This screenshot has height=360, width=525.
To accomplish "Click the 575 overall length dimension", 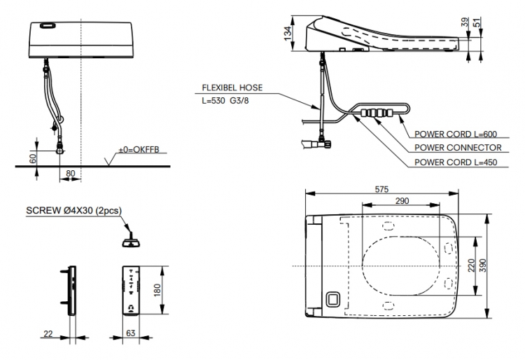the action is pyautogui.click(x=381, y=189).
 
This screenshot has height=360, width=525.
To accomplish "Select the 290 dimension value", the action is pyautogui.click(x=402, y=200).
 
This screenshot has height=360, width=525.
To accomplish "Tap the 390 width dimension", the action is pyautogui.click(x=482, y=265).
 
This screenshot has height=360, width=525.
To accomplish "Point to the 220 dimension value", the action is pyautogui.click(x=471, y=265).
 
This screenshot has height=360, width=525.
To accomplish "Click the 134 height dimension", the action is pyautogui.click(x=288, y=34).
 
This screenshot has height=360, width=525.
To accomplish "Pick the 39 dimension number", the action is pyautogui.click(x=465, y=22).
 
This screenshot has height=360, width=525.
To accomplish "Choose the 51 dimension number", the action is pyautogui.click(x=477, y=22).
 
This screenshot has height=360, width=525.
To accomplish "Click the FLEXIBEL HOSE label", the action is pyautogui.click(x=232, y=88).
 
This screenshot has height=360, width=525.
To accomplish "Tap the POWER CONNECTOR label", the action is pyautogui.click(x=458, y=147).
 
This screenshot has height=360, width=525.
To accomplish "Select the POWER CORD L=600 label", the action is pyautogui.click(x=456, y=134).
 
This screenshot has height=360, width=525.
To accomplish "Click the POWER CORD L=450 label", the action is pyautogui.click(x=456, y=162).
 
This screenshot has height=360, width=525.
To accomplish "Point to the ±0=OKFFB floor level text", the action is pyautogui.click(x=139, y=149).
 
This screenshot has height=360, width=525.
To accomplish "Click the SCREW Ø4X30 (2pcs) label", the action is pyautogui.click(x=74, y=210).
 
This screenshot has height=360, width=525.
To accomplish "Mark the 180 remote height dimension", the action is pyautogui.click(x=157, y=290).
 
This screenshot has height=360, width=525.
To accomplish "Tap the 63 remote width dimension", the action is pyautogui.click(x=131, y=333).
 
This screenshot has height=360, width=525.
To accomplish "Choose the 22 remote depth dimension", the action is pyautogui.click(x=48, y=333).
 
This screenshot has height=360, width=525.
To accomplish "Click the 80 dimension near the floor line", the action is pyautogui.click(x=70, y=173).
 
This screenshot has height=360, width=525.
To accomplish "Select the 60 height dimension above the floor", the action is pyautogui.click(x=33, y=158).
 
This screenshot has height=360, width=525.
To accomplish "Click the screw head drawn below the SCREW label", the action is pyautogui.click(x=131, y=242).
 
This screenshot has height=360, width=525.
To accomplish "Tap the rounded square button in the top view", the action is pyautogui.click(x=332, y=298).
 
